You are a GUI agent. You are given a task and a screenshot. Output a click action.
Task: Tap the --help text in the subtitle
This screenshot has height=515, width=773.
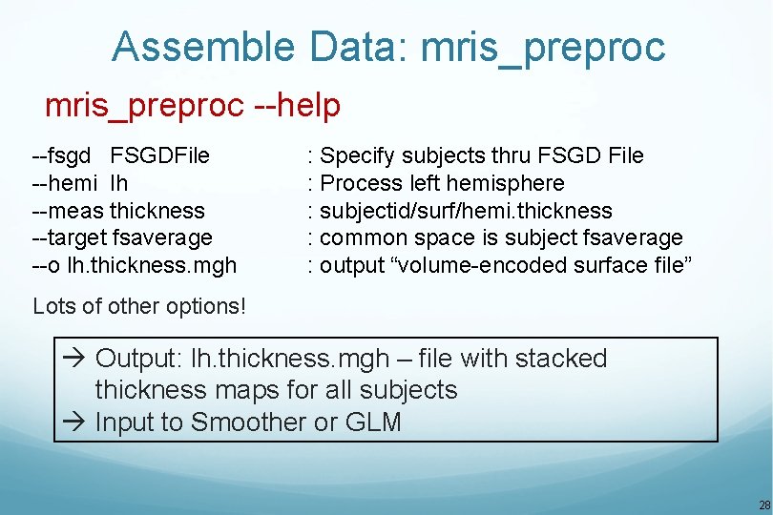click(x=297, y=106)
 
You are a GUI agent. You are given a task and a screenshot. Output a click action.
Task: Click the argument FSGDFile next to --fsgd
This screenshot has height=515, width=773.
click(x=159, y=155)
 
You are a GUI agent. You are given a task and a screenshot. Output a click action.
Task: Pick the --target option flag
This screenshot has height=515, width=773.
click(x=70, y=237)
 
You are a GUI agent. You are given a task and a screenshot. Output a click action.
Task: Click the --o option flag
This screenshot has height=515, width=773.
click(x=47, y=265)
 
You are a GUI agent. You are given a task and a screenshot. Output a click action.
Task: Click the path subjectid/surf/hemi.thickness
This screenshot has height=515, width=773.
click(x=466, y=210)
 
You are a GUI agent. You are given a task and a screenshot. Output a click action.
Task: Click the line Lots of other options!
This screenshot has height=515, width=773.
click(x=138, y=306)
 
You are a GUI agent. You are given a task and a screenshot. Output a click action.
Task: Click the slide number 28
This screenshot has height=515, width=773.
click(x=763, y=505)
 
